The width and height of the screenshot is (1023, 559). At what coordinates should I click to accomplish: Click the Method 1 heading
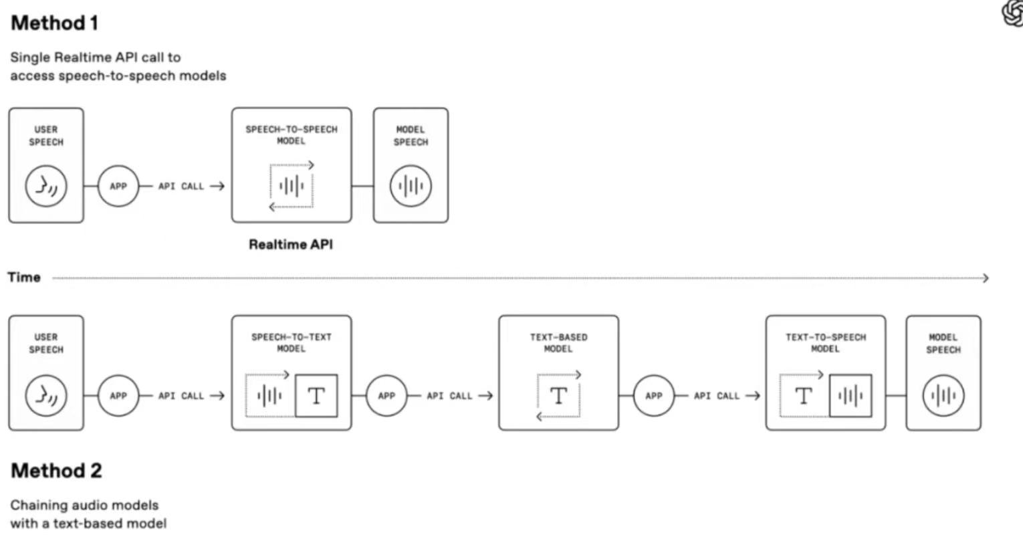coord(55,23)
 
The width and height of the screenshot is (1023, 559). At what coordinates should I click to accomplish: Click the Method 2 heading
coord(56,471)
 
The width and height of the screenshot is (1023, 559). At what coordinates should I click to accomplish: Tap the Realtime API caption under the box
coord(290,245)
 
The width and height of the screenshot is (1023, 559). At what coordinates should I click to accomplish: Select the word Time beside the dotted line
coord(24,277)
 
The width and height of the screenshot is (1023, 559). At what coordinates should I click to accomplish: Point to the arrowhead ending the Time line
coord(986,278)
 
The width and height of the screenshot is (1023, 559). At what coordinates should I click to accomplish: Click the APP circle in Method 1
coord(118,186)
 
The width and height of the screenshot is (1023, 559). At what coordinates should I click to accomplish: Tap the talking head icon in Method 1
coord(46,186)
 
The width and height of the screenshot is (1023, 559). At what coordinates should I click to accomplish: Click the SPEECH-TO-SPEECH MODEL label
coord(291,135)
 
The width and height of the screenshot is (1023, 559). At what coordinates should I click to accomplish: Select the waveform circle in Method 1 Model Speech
coord(411,186)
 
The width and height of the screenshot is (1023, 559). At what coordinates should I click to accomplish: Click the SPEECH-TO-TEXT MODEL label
coord(291,343)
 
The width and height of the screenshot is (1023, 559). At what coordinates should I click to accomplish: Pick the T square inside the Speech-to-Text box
coord(316,396)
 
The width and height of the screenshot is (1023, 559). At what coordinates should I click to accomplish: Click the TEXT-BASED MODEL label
coord(558,343)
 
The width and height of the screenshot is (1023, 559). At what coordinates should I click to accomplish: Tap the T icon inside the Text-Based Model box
coord(558,396)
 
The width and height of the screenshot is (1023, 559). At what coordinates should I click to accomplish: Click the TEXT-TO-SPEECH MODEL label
coord(825,343)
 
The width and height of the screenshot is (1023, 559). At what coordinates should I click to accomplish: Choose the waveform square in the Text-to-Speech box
coord(850,396)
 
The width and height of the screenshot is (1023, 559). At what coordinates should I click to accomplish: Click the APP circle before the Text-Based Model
coord(386,396)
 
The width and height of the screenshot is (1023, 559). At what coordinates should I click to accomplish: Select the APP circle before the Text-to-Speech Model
coord(653,396)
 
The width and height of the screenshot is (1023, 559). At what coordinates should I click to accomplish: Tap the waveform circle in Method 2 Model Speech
coord(943,396)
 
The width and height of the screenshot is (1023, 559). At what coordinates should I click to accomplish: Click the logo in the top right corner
coord(1013,13)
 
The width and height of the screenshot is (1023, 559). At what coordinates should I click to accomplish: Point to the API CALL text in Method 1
coord(181,187)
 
